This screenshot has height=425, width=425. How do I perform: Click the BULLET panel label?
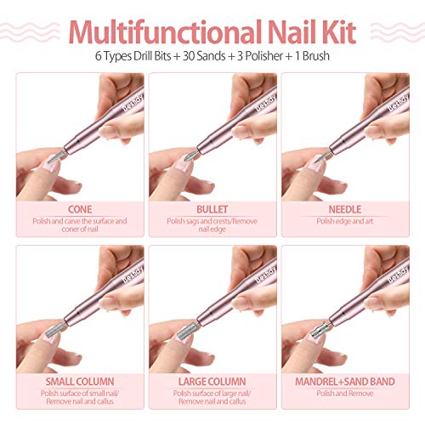212,207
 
